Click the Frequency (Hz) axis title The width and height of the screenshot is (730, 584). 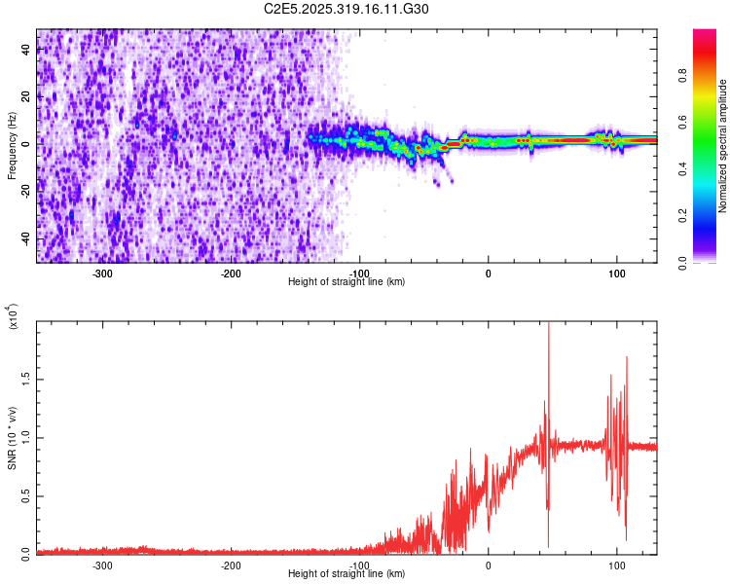12,146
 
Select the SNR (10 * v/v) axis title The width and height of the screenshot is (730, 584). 12,438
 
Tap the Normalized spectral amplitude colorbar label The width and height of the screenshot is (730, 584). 723,146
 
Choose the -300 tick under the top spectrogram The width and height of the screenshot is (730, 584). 103,274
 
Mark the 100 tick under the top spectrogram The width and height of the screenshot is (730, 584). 616,274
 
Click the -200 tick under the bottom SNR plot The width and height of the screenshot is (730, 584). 231,566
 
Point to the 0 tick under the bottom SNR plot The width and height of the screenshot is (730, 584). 489,566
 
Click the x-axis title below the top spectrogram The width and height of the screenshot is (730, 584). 347,282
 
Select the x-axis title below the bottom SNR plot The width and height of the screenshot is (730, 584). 347,574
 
